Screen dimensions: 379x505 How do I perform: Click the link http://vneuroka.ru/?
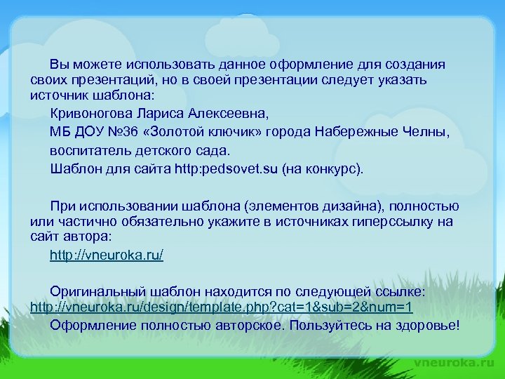107,255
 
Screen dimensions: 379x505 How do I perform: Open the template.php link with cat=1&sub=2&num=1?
222,307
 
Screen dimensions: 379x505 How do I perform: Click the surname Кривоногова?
91,112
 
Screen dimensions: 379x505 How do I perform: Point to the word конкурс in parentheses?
332,169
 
